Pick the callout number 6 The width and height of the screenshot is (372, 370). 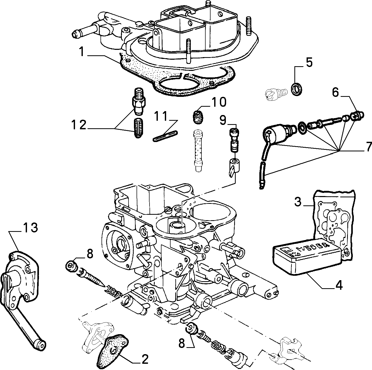[335, 92]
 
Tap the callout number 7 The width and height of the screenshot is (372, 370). [368, 146]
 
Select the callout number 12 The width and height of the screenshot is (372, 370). [79, 125]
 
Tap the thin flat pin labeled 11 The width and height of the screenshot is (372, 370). [165, 136]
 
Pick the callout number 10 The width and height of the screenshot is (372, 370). [219, 102]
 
